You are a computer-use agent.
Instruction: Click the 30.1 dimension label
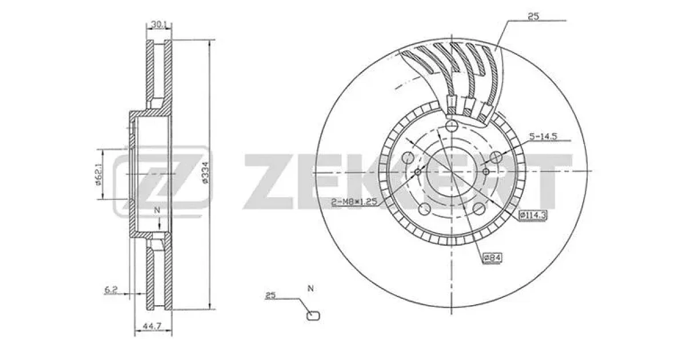tap(158, 25)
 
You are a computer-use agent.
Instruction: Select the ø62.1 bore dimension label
tap(98, 174)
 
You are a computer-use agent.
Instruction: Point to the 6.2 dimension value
tap(111, 289)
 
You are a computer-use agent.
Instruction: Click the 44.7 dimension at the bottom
tap(152, 326)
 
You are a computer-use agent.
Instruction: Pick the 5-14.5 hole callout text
tap(543, 136)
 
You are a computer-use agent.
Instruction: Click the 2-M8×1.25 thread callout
tap(354, 202)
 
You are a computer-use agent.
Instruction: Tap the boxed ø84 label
tap(492, 258)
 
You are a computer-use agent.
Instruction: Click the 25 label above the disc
tap(533, 17)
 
